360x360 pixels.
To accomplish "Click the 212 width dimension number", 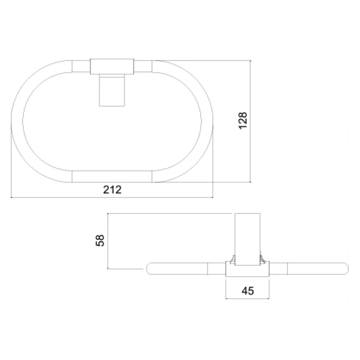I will point(112,189).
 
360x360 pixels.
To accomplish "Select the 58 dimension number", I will point(100,240).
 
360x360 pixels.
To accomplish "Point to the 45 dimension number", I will point(248,291).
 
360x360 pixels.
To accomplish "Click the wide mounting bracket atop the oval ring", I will point(113,66).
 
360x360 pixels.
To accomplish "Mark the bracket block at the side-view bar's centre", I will point(247,269).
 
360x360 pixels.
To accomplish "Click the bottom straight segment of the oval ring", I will point(112,176).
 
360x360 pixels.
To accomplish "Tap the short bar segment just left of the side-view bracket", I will point(217,268).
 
